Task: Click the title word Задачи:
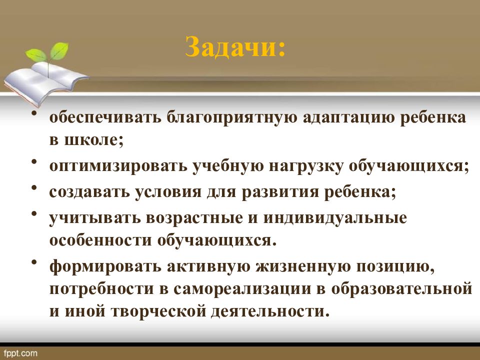235,48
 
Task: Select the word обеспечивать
103,118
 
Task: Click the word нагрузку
302,166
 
